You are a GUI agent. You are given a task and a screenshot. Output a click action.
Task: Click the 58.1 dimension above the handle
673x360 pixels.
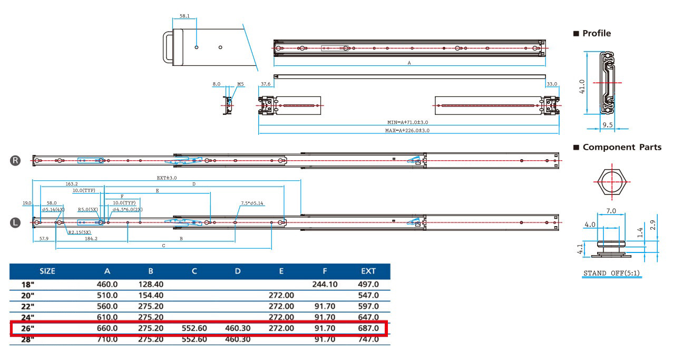(184, 16)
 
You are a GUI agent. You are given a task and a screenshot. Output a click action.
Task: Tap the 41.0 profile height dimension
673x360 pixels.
(582, 86)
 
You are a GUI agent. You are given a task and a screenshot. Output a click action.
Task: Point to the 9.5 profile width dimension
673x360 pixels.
(608, 125)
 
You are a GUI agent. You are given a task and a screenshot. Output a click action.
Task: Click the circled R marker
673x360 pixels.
(15, 160)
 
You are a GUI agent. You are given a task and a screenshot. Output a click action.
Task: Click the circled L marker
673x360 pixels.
(15, 222)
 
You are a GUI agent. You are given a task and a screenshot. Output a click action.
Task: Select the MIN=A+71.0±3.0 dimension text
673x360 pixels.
(408, 122)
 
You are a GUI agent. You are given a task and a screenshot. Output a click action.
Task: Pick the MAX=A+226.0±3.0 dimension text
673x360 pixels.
(407, 130)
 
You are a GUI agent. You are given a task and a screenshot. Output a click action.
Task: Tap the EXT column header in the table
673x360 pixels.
(368, 271)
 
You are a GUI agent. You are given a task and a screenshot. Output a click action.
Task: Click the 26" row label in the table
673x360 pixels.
(27, 328)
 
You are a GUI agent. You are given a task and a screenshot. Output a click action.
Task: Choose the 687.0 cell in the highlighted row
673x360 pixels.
(368, 328)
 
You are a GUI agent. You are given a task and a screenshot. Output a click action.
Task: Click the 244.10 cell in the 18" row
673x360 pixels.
(325, 284)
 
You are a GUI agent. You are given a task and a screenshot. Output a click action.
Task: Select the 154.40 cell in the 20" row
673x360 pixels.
(151, 295)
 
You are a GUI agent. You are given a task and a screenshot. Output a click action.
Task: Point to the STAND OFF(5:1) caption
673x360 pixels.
(612, 273)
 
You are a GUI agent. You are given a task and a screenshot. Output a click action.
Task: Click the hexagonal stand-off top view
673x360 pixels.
(612, 182)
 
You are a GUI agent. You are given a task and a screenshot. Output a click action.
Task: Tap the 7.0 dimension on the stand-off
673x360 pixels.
(611, 211)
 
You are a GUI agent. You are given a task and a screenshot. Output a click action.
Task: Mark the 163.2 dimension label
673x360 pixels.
(72, 184)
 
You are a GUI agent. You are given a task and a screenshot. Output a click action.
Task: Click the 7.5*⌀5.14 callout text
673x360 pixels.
(252, 203)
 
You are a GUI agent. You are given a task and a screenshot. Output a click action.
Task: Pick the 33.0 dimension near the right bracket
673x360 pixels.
(552, 84)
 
